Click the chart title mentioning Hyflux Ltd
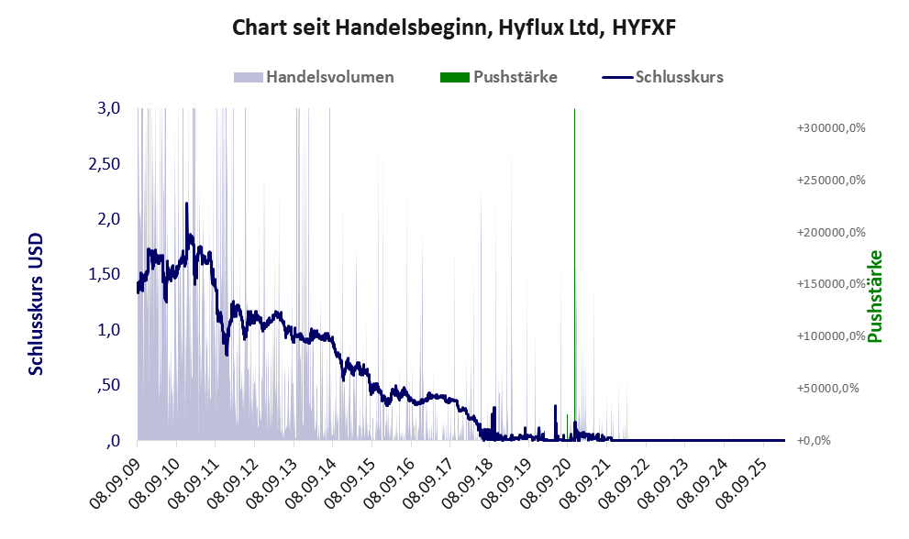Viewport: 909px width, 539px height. [454, 27]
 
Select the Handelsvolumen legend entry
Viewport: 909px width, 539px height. [328, 77]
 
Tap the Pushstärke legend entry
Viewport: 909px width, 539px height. [515, 77]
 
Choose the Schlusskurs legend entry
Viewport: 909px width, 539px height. [678, 77]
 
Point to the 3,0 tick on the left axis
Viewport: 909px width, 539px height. [108, 108]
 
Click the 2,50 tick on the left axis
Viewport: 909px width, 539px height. [105, 163]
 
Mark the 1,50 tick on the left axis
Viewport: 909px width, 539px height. [105, 274]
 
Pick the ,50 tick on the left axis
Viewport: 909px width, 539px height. [109, 385]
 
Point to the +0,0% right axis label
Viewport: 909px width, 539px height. [812, 440]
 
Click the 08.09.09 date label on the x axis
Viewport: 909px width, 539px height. [115, 477]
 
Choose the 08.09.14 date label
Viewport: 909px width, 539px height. [310, 477]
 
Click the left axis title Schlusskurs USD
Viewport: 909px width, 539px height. [37, 302]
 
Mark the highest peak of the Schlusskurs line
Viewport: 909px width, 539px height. [186, 204]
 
